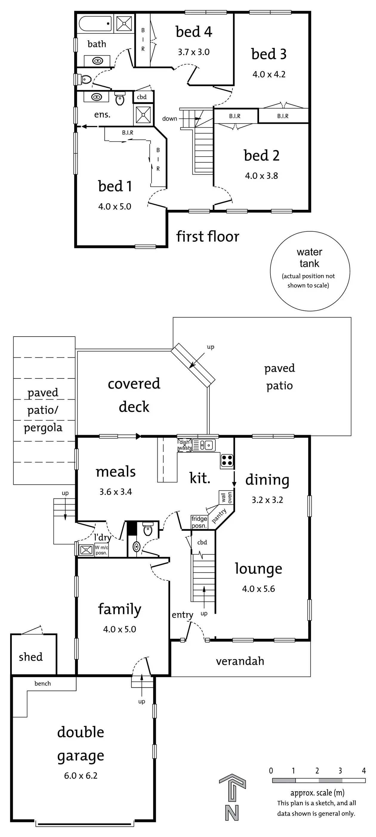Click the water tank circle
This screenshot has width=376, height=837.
click(x=309, y=271)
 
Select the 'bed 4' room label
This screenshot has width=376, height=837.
click(x=194, y=32)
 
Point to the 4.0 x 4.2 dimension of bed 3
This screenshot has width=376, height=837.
click(x=269, y=74)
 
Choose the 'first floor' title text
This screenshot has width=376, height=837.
click(x=208, y=236)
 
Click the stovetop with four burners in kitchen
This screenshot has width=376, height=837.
click(x=227, y=460)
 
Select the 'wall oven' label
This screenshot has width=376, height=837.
click(x=226, y=497)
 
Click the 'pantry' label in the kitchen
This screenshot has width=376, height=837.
click(x=219, y=516)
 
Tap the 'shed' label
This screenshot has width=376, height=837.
click(x=31, y=657)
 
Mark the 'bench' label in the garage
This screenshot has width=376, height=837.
click(x=42, y=683)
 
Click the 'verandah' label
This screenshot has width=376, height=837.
click(x=240, y=661)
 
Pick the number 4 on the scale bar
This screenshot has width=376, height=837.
click(x=364, y=770)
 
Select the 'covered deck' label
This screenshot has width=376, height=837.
click(x=134, y=395)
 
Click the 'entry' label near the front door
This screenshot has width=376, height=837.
click(x=182, y=615)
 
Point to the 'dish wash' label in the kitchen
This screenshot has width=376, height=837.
click(x=184, y=445)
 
